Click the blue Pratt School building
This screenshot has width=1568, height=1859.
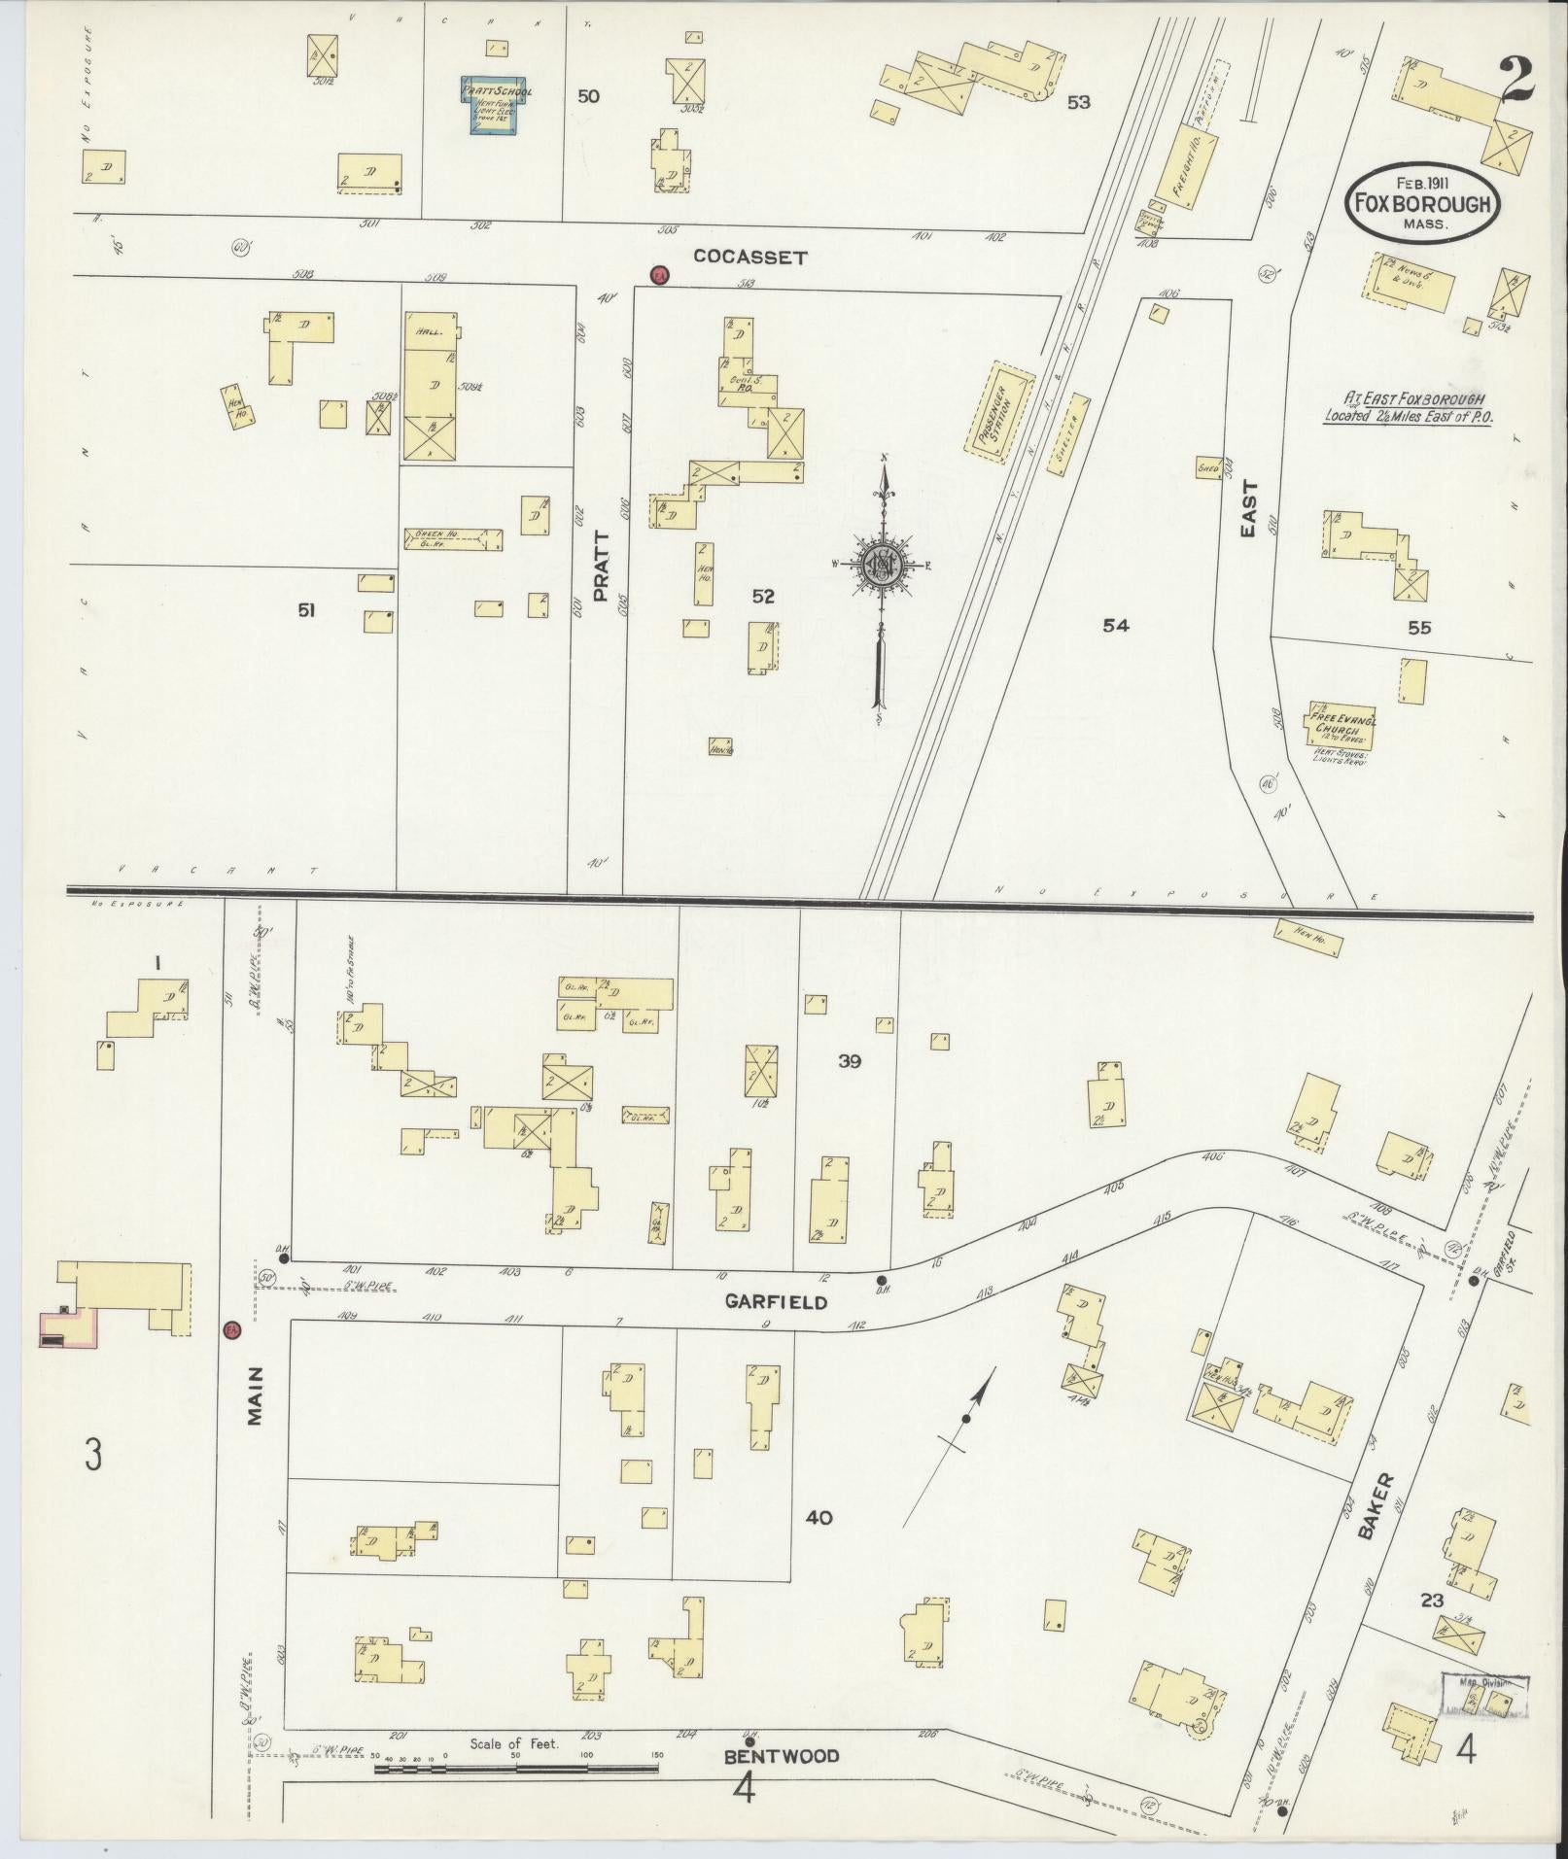click(496, 106)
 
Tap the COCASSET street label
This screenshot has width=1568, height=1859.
click(750, 258)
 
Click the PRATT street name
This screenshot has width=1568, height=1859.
click(600, 567)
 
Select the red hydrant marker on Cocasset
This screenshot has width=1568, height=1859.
click(660, 276)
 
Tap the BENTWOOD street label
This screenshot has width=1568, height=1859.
click(781, 1756)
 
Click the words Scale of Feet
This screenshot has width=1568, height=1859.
click(513, 1743)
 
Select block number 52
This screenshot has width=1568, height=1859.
click(763, 597)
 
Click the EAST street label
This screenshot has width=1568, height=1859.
click(1249, 508)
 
